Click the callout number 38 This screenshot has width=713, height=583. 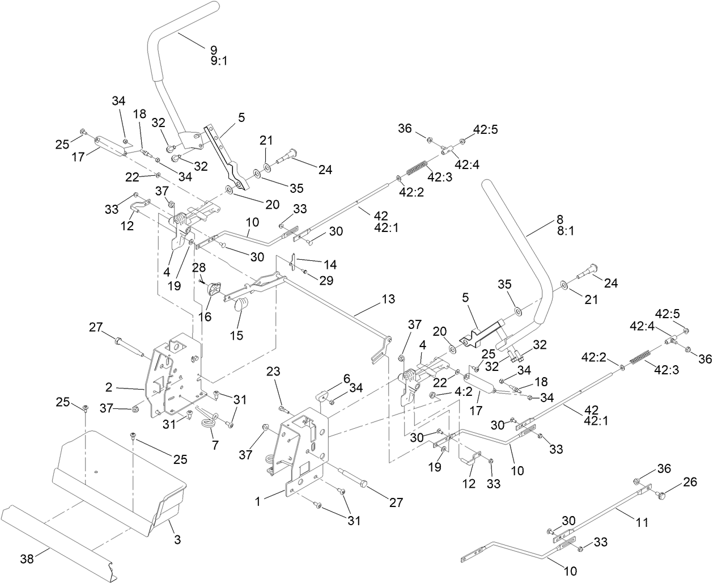coord(26,559)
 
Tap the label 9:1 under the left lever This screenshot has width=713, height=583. coord(219,60)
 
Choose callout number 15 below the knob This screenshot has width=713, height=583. coord(237,335)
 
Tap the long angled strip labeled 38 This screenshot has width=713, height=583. coord(62,539)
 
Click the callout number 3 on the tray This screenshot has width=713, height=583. coord(177,540)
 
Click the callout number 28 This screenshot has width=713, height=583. coord(198,267)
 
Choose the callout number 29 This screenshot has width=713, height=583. coord(326,280)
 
